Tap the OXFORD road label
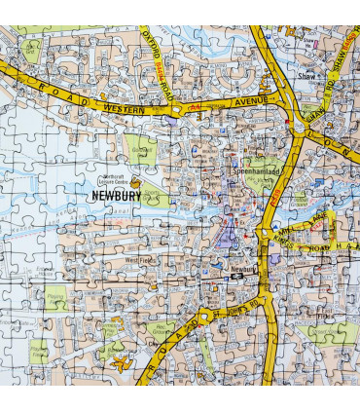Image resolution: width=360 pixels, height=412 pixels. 154,44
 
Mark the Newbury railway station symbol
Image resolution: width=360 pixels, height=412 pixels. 234,277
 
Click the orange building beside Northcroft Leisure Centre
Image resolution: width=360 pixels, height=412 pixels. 137,182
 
